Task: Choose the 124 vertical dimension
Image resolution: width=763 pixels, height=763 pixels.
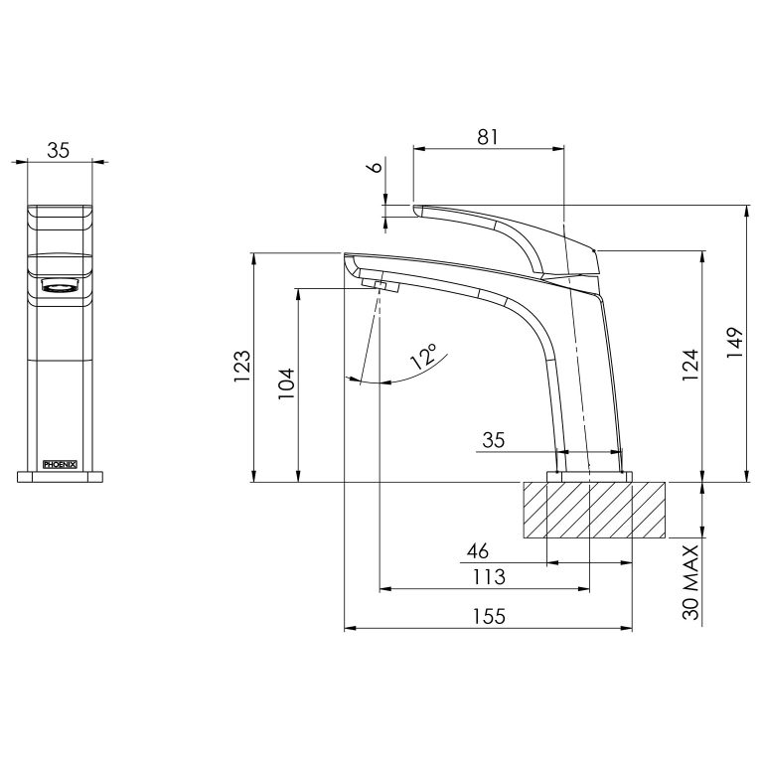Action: (x=689, y=365)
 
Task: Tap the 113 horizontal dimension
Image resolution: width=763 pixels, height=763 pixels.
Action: (x=489, y=576)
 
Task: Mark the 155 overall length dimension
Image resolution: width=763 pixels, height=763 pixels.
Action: (x=489, y=616)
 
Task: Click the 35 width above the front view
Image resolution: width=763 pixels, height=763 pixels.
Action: (x=59, y=150)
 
